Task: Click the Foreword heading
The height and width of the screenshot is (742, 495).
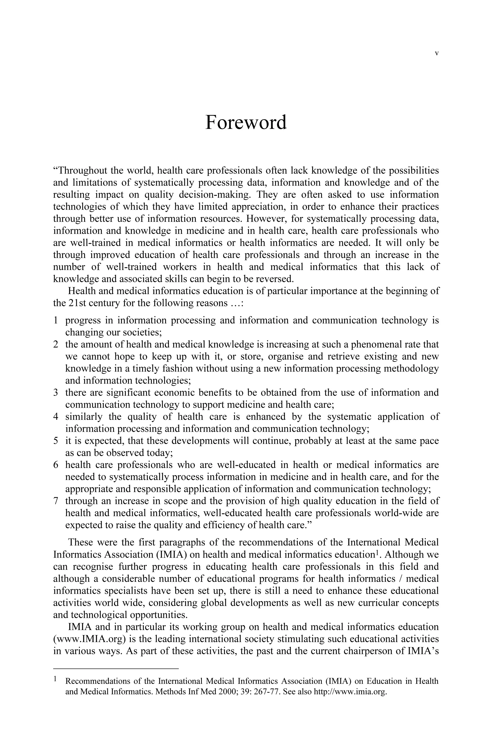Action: tap(246, 123)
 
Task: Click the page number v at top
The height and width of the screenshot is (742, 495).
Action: tap(437, 53)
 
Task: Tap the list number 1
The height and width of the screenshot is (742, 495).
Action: tap(56, 321)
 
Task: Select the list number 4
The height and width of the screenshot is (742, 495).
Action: tap(56, 417)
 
